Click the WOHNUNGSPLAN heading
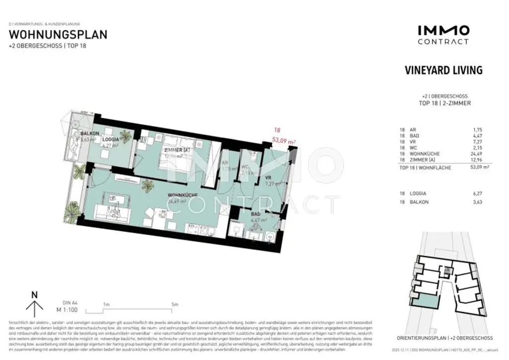58,35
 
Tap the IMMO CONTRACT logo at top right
443,35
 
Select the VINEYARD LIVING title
443,70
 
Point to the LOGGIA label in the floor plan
110,140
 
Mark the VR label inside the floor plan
268,177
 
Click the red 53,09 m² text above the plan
285,141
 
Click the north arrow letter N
34,294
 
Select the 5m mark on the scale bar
174,304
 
